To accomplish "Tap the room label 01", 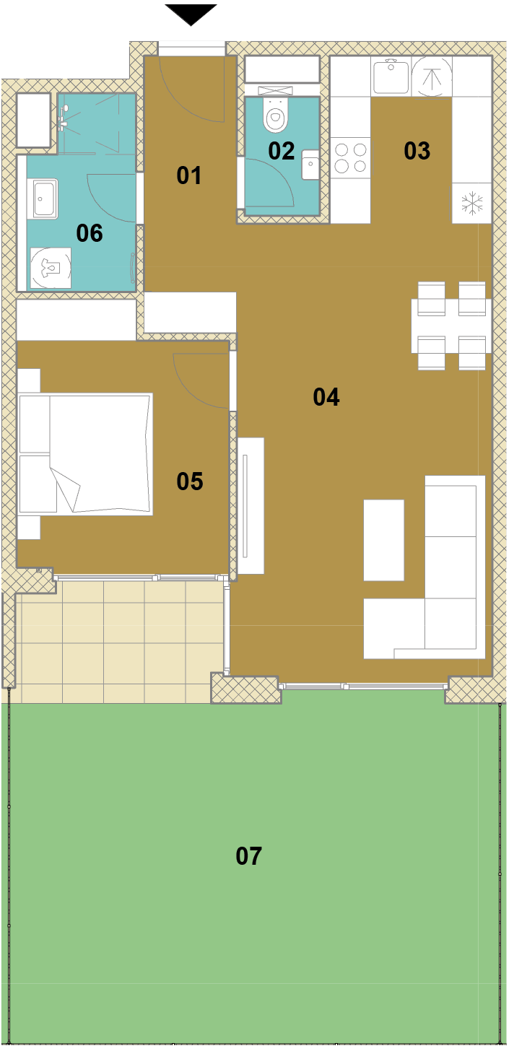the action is (188, 175).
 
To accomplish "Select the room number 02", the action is (281, 151).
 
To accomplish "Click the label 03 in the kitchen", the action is (417, 151).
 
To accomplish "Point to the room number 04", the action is (326, 397).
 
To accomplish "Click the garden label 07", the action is (249, 856).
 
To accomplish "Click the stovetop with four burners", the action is (351, 157).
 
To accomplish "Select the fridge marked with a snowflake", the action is (471, 203).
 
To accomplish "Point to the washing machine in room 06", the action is (51, 268).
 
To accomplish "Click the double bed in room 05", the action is (85, 454).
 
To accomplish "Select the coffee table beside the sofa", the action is (383, 540).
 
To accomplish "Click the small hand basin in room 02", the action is (310, 165).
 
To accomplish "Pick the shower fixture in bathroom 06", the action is (64, 117).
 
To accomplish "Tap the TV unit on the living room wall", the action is (251, 506).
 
